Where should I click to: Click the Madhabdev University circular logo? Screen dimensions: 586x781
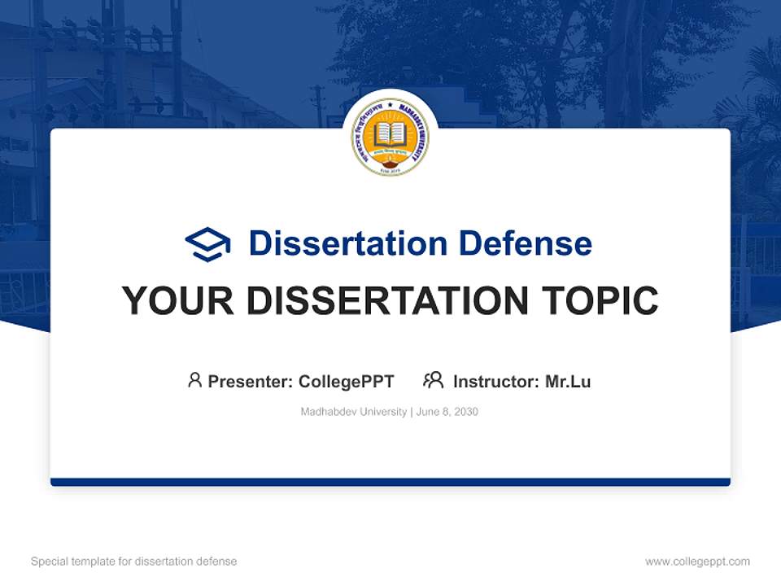(390, 138)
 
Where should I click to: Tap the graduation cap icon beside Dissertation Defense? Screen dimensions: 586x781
(207, 244)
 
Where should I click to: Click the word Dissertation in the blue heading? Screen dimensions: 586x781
(347, 243)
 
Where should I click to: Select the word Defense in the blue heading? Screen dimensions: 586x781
(525, 243)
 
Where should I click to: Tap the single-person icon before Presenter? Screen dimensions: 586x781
(194, 380)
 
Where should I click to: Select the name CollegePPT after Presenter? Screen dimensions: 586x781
(347, 382)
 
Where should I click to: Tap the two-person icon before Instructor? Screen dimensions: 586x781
(433, 380)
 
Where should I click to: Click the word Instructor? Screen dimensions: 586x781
(496, 382)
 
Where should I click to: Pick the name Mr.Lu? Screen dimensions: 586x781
(568, 382)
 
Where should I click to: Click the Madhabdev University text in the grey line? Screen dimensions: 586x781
(353, 412)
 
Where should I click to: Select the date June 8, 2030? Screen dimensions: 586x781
(447, 412)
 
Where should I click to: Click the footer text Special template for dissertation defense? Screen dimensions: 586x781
(133, 562)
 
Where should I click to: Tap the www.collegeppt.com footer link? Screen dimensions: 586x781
(697, 562)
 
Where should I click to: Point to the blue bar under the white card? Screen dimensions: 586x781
(390, 482)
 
